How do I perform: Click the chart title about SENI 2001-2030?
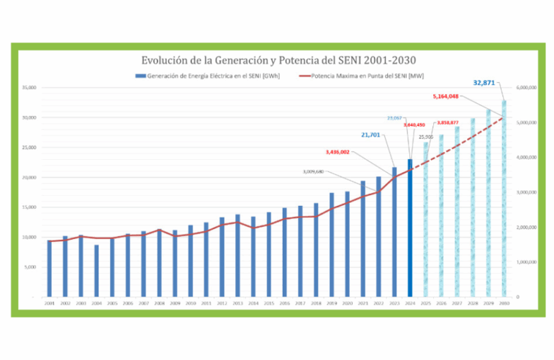point(279,60)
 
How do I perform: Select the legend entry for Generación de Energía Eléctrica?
point(209,76)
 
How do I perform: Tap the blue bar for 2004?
point(96,271)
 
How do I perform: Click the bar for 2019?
point(332,244)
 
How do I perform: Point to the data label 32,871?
point(484,83)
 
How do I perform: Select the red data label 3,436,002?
point(337,152)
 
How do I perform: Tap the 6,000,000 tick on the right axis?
point(527,88)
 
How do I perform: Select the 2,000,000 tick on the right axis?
point(527,227)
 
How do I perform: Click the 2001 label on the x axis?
point(50,304)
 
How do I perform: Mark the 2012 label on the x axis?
point(222,304)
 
